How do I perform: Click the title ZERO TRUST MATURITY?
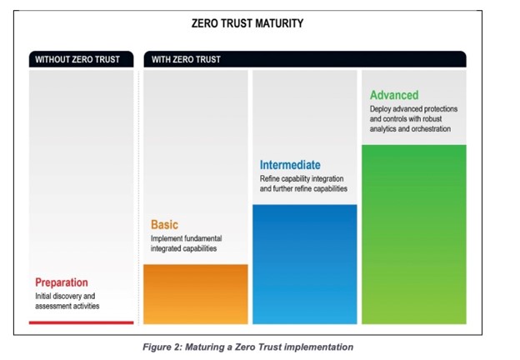click(247, 23)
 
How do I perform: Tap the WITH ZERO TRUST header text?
click(186, 59)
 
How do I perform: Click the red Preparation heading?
click(62, 282)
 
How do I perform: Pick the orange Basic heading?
click(164, 224)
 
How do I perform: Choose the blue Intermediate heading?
click(290, 165)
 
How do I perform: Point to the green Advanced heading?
click(394, 95)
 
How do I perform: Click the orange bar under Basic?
click(196, 294)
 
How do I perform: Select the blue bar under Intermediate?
click(305, 264)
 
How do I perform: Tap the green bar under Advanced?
click(414, 234)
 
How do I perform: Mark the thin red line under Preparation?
click(82, 322)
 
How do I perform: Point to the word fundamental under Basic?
click(203, 238)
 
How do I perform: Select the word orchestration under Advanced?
click(431, 129)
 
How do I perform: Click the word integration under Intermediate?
click(327, 179)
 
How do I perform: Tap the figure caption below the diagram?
click(247, 347)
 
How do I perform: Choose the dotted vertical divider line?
click(139, 197)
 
